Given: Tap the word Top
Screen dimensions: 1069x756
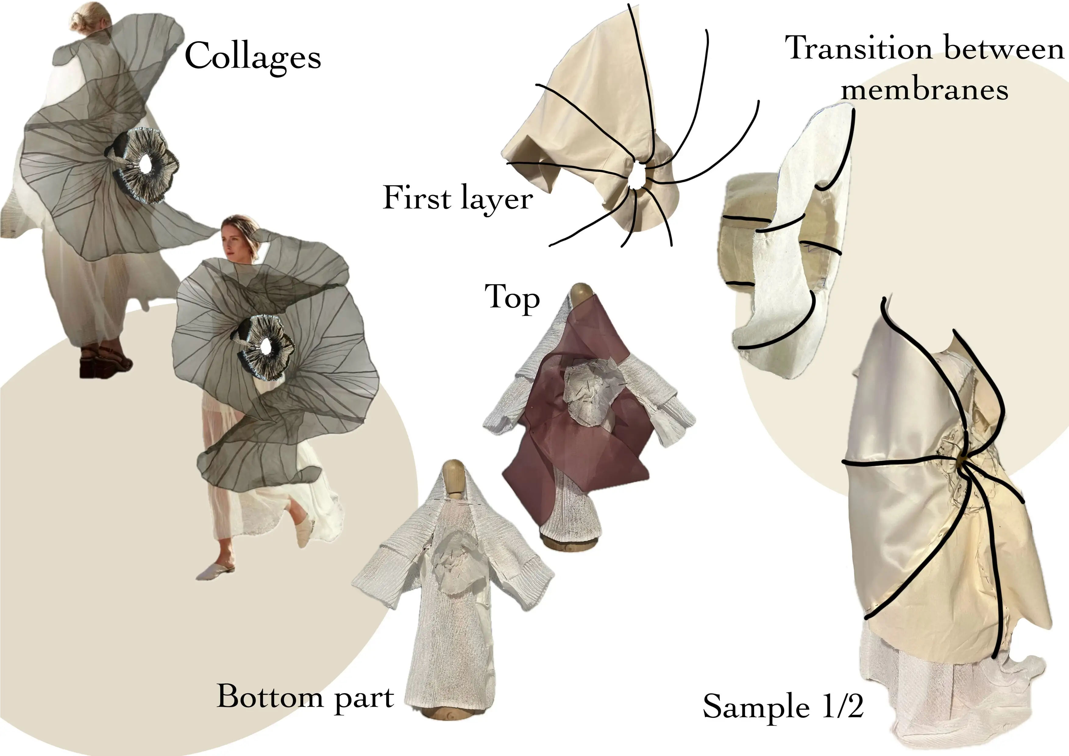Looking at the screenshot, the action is (x=512, y=298).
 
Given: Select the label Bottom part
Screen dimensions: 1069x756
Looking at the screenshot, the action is (x=305, y=699).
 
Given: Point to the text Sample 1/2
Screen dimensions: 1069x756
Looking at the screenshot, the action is (x=783, y=707).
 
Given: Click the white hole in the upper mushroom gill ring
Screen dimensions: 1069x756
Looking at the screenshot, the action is (x=146, y=164).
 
